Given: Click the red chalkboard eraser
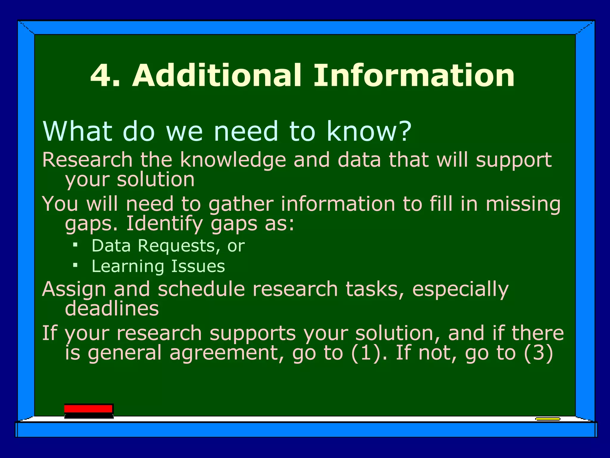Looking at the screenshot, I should tap(89, 411).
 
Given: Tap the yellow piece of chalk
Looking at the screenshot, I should tap(547, 419).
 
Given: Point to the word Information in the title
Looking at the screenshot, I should tap(414, 76).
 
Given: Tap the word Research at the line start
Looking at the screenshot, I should tap(87, 160).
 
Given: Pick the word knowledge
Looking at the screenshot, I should tap(233, 160).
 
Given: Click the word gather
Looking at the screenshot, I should tap(241, 205).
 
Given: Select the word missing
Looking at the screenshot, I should tap(523, 205).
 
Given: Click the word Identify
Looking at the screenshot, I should tap(165, 224).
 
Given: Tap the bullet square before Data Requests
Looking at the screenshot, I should tap(75, 245).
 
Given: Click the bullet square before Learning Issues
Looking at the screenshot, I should tap(75, 265).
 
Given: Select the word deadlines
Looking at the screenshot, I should tap(112, 309).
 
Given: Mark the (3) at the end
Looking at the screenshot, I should tap(539, 353).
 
